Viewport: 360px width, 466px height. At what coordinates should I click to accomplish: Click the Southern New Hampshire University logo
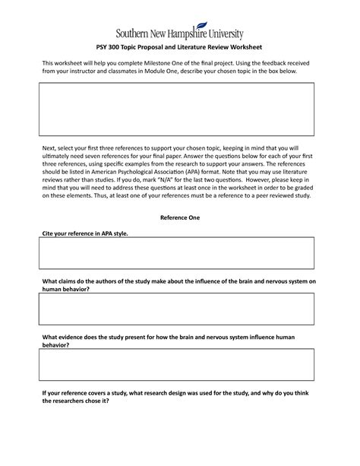[x=179, y=33]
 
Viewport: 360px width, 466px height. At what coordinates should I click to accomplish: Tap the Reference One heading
[x=179, y=217]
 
